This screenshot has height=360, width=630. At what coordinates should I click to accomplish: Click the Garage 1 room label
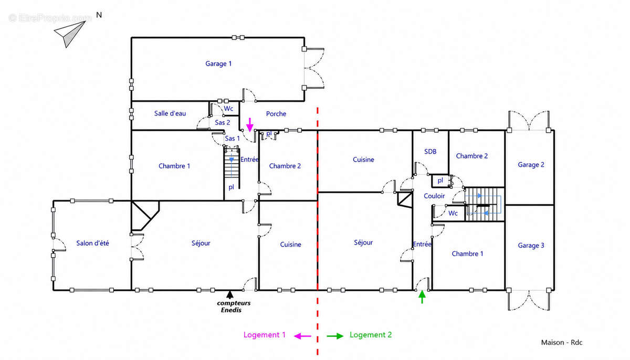click(218, 64)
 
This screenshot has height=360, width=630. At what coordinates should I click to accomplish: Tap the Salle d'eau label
click(170, 113)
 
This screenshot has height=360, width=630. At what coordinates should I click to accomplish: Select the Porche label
click(276, 114)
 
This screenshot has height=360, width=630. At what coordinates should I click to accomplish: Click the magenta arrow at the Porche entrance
click(250, 125)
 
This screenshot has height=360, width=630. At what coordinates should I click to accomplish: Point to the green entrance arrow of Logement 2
click(422, 297)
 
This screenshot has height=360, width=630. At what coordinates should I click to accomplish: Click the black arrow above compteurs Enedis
click(230, 294)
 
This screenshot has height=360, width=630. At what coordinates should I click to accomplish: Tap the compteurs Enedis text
click(234, 306)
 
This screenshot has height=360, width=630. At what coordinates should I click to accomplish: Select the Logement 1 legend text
click(265, 335)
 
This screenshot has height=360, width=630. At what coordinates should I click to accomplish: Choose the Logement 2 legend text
click(371, 335)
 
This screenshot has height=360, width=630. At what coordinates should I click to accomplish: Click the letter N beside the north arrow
click(99, 15)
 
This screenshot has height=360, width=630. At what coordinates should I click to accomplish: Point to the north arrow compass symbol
click(70, 34)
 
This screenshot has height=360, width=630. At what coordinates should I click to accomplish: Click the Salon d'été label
click(92, 243)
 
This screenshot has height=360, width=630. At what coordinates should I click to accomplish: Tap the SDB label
click(430, 152)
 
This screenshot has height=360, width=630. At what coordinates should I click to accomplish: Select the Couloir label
click(434, 196)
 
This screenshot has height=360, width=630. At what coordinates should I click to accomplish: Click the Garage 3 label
click(531, 246)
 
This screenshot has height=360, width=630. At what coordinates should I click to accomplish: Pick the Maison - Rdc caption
click(562, 343)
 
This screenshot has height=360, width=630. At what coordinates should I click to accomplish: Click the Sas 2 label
click(223, 122)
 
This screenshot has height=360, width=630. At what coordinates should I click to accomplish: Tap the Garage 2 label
click(531, 165)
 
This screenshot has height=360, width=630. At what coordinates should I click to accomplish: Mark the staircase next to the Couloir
click(484, 204)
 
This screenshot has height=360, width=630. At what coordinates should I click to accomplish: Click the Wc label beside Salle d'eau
click(228, 109)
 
